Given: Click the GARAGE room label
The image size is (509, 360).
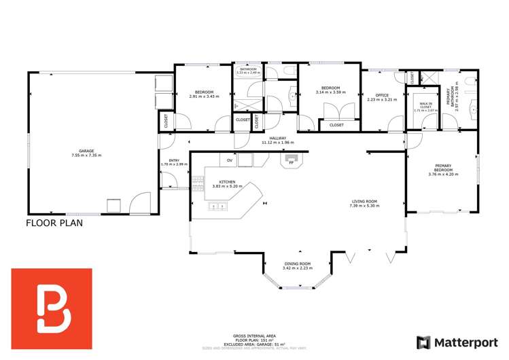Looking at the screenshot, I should [x=86, y=151].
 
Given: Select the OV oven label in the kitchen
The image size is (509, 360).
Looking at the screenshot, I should [x=230, y=161].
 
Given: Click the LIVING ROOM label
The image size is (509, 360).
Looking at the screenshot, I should [x=364, y=202].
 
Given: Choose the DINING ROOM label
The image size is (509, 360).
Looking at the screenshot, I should [x=297, y=264].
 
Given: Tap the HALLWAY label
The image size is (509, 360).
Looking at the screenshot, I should [x=277, y=138].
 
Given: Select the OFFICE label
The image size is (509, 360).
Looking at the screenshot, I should [x=382, y=94].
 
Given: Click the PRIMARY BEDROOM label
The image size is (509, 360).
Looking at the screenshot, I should [x=443, y=168].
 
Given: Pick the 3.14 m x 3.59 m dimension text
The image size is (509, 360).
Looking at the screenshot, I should [x=330, y=92].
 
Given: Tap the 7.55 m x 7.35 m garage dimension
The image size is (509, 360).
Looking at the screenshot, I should [x=86, y=156].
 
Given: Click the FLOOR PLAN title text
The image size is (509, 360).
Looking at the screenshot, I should [x=54, y=222].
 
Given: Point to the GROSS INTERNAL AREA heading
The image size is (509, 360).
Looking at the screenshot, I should [x=255, y=336].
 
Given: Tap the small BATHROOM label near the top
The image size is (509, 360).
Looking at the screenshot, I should [x=248, y=69].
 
